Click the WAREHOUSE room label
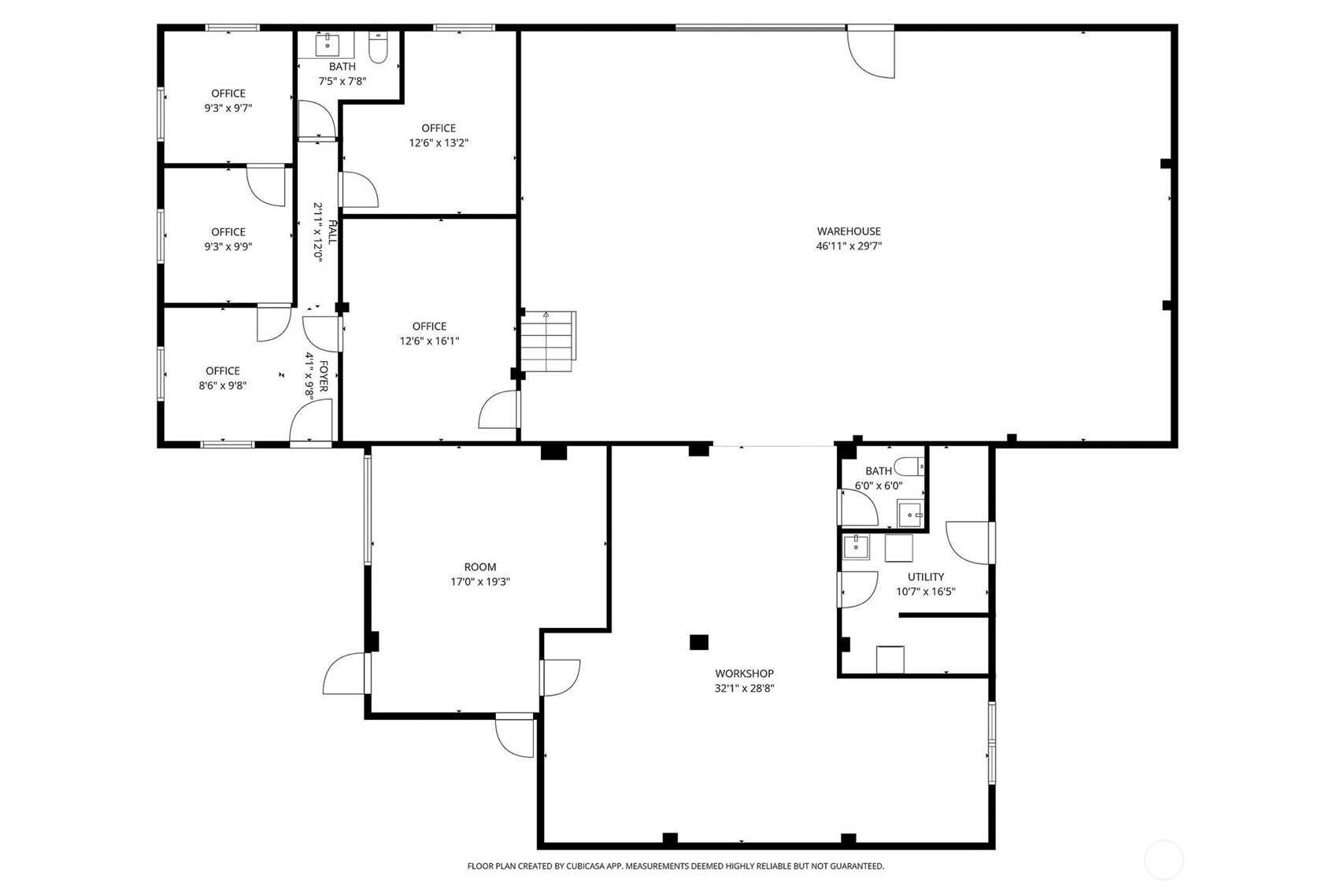coord(848,231)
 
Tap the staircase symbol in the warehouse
coord(548,342)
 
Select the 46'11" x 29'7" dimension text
coord(848,246)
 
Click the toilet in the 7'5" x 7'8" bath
coord(379,50)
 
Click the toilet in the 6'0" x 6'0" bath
coord(910,467)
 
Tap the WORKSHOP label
coord(744,674)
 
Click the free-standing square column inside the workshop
coord(698,642)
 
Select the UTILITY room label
coord(925,577)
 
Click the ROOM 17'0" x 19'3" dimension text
coord(479,582)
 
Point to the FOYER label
coord(323,377)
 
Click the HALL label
coord(331,233)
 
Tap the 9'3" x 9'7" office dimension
coord(228,108)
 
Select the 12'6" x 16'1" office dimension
coord(429,342)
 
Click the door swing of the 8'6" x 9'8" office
coord(273,323)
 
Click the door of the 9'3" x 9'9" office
coord(266,186)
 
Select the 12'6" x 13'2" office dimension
coord(439,143)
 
